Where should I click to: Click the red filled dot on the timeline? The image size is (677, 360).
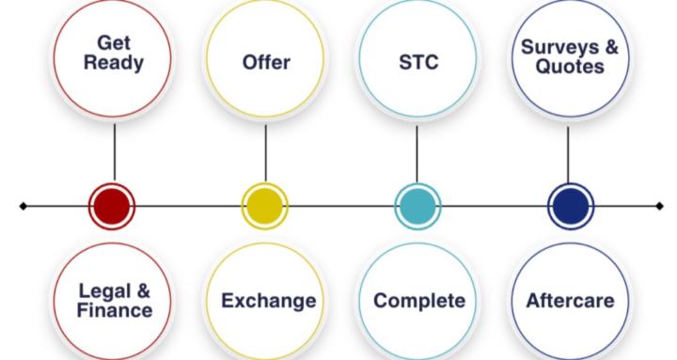pos(112,207)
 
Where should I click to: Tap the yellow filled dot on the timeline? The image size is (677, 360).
pos(264,207)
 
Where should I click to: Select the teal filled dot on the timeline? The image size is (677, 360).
pos(417,207)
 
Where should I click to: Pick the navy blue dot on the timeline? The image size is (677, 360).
pos(571,207)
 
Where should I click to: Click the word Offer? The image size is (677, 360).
pos(266,62)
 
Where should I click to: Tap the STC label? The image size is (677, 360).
pos(418,62)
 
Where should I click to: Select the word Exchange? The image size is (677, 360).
pos(269,301)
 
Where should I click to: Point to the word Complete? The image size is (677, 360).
pos(419,301)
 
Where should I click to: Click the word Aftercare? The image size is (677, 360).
pos(570,301)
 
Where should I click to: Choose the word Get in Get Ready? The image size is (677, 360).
pos(114,42)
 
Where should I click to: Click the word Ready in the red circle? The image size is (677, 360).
pos(114,63)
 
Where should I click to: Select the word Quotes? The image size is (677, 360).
pos(570,67)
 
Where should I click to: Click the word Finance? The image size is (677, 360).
pos(115,310)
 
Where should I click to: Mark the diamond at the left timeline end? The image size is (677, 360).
pos(24,207)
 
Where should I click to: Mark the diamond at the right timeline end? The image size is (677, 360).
pos(659,207)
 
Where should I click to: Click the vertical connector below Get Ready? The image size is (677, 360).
pos(115,152)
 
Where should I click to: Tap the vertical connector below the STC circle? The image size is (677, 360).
pos(417,154)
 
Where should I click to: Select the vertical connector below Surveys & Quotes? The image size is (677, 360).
pos(568,154)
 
